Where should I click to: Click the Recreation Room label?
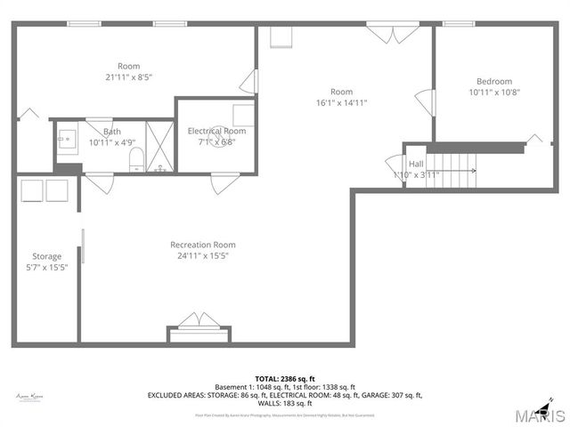coord(203,245)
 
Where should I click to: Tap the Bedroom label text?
coord(494,81)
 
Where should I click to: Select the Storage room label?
coord(47,257)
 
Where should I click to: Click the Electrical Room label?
coord(216,131)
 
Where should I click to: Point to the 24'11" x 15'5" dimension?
coord(203,256)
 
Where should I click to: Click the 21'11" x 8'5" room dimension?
coord(129,77)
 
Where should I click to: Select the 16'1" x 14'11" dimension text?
coord(342,102)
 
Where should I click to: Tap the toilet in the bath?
coord(136,159)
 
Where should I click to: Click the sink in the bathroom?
coord(66,139)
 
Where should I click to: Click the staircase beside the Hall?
coord(454,164)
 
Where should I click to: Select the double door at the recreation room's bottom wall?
coord(198,322)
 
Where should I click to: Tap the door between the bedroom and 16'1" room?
coord(425,101)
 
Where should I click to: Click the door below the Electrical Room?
coord(220,183)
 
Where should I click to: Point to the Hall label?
coord(416,164)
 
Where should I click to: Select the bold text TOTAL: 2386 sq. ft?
coord(284,378)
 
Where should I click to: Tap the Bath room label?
coord(111,132)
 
